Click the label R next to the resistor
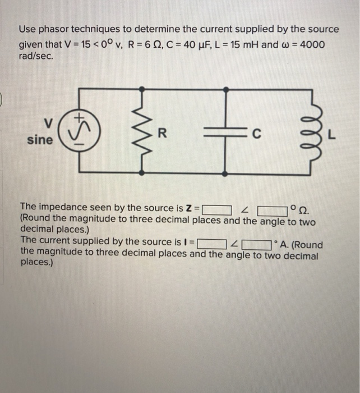click(x=163, y=134)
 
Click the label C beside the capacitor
click(x=256, y=134)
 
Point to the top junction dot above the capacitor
click(x=225, y=88)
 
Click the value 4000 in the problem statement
click(x=311, y=44)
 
